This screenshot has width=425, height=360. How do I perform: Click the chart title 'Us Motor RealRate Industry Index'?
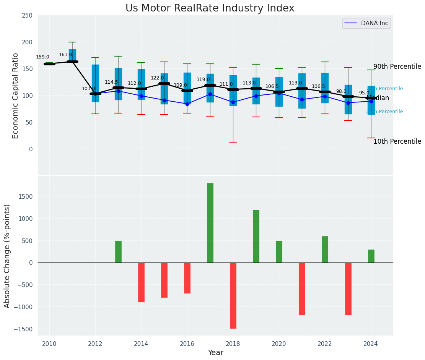tap(210, 8)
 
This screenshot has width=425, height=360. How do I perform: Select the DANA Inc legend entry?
tap(366, 23)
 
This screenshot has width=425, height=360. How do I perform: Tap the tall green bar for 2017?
tap(210, 223)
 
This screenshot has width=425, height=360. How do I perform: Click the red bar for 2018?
tap(233, 295)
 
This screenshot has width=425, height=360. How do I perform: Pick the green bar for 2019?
tap(256, 236)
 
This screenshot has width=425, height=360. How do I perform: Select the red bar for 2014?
tap(141, 282)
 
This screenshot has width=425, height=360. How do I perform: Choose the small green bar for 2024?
tap(371, 256)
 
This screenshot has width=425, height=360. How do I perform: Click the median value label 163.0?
tap(65, 55)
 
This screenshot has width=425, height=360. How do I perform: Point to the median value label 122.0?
tap(157, 78)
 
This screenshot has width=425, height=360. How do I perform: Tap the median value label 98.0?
tap(341, 91)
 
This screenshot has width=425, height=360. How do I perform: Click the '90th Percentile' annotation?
tap(397, 66)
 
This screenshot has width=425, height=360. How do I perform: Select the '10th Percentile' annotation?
tap(397, 141)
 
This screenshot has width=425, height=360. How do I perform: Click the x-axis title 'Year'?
tap(215, 353)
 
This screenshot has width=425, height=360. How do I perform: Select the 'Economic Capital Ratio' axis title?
tap(16, 96)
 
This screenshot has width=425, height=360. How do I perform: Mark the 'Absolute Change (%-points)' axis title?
tap(7, 256)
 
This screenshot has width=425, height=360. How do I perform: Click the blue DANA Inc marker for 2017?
tap(210, 94)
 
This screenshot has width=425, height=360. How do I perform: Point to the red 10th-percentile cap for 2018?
tap(233, 142)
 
